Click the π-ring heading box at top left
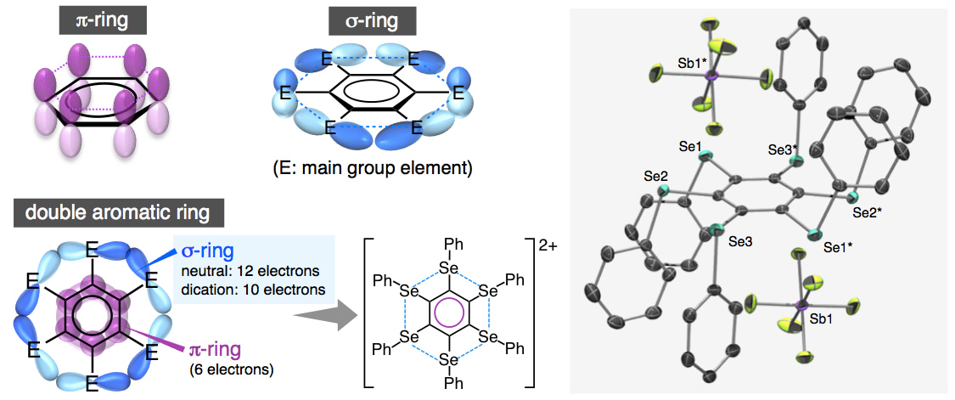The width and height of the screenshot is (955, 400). [93, 19]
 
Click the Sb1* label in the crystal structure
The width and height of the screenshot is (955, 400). [669, 64]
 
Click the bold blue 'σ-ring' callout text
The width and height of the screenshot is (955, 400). [211, 252]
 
